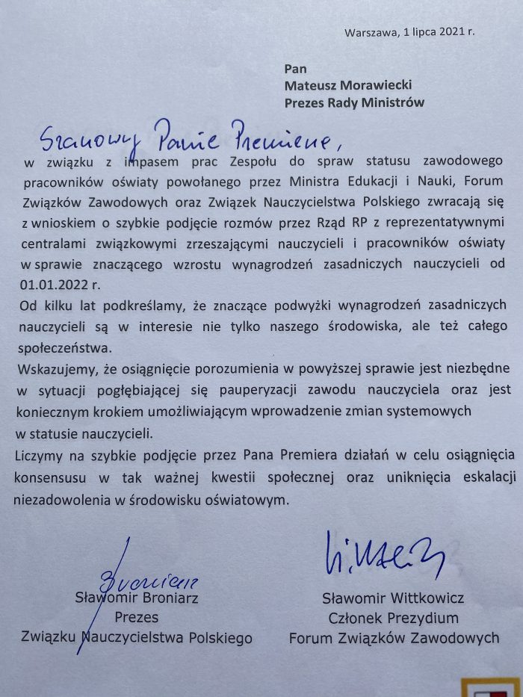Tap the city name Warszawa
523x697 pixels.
tap(371, 31)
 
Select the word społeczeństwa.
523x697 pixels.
tap(59, 347)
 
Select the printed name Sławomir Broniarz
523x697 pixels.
tap(137, 597)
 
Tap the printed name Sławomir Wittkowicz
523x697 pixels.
tap(394, 598)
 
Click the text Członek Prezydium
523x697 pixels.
tap(394, 618)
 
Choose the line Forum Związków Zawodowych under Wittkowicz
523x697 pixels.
tap(394, 638)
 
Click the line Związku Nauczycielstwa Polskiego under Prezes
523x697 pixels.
tap(137, 638)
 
